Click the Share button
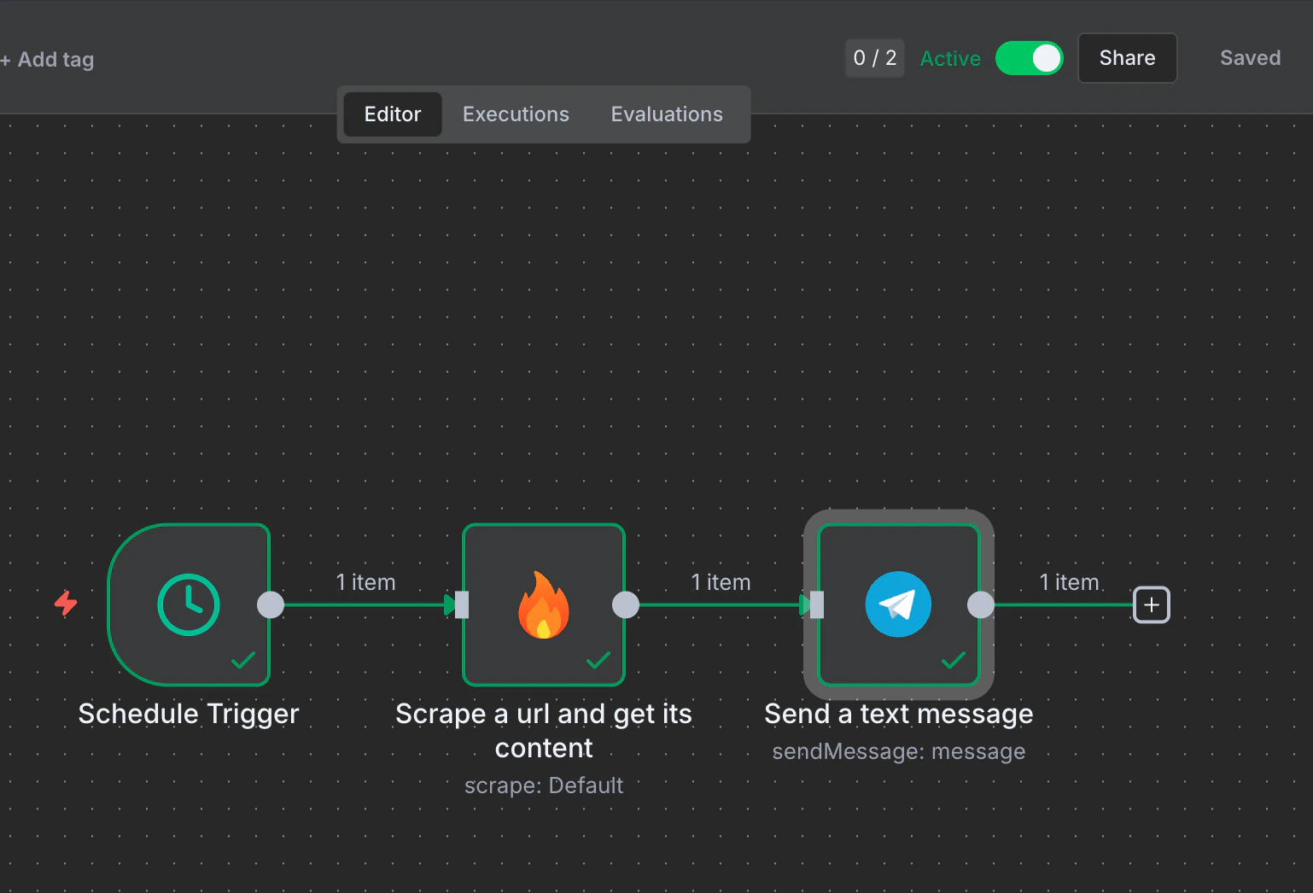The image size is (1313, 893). (1127, 58)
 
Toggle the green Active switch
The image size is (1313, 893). (1030, 58)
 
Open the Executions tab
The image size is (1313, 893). (516, 114)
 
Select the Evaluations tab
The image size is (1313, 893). (667, 114)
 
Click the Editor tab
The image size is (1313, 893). (393, 114)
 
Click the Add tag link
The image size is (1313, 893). (50, 60)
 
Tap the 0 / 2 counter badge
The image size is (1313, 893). (875, 58)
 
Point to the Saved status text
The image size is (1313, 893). (1250, 58)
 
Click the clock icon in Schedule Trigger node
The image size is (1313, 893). (189, 605)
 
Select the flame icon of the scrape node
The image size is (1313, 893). (544, 605)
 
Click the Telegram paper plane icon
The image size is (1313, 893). (898, 604)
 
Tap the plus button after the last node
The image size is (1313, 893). (1152, 605)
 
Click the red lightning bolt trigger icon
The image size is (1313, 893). (66, 603)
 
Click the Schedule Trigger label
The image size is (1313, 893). (189, 714)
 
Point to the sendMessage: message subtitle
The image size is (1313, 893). (899, 751)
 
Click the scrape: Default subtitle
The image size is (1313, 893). (544, 785)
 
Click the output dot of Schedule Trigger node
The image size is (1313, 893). (271, 605)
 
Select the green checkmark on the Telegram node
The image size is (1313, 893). (953, 660)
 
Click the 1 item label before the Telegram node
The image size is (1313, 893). (721, 582)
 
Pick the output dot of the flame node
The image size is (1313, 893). (626, 605)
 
